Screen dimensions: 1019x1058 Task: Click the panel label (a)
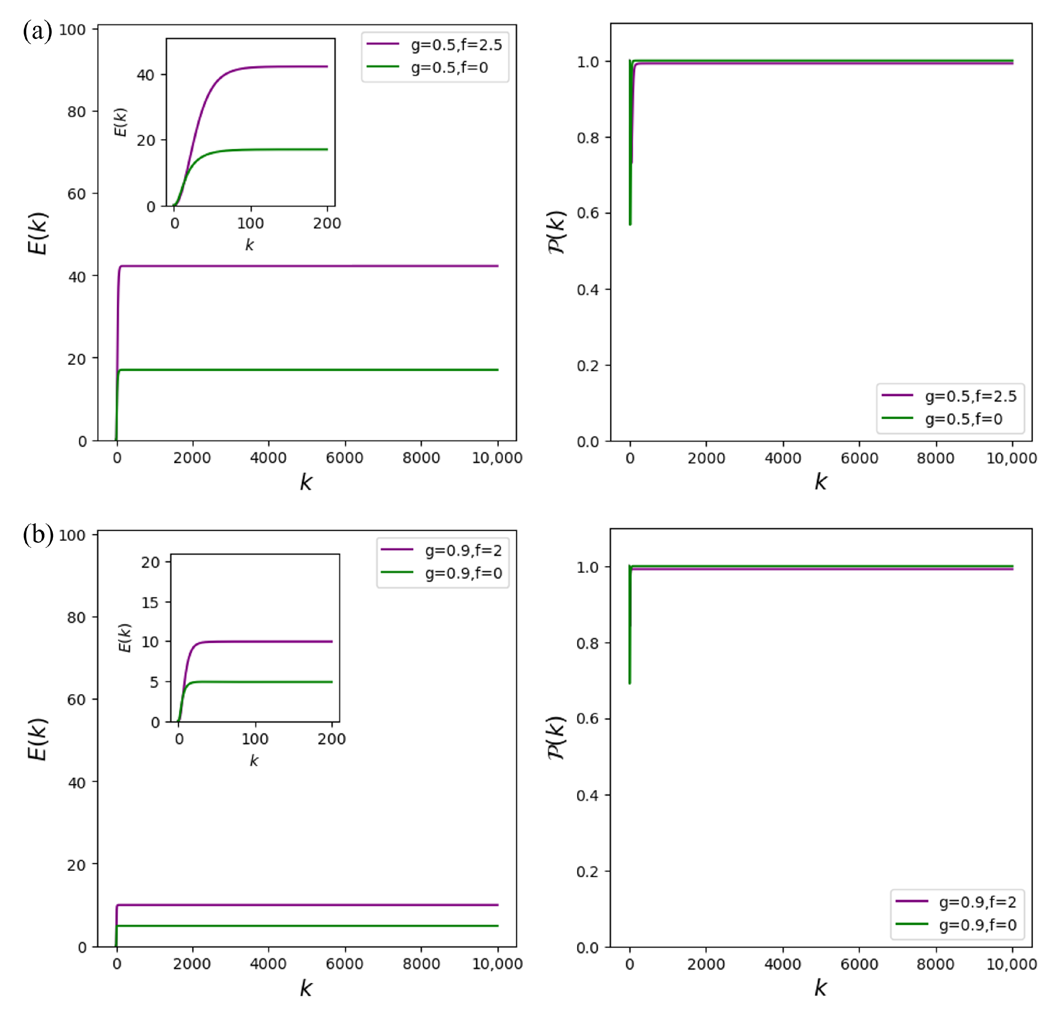tap(37, 31)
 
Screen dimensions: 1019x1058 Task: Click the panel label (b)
tap(38, 534)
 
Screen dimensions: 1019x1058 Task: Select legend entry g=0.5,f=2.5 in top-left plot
tap(456, 45)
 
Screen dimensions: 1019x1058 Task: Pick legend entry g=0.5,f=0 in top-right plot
tap(963, 419)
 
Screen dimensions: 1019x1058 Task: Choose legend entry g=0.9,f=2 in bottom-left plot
tap(463, 551)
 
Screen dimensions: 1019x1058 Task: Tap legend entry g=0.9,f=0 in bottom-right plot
tap(977, 925)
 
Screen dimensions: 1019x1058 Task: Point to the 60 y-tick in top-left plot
tap(77, 194)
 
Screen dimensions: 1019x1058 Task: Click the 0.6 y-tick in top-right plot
tap(588, 213)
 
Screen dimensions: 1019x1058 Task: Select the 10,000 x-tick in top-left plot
tap(497, 458)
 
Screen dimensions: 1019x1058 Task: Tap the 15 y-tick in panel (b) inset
tap(150, 602)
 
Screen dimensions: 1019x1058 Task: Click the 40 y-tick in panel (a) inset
tap(146, 75)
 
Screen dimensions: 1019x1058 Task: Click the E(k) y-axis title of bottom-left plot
tap(38, 740)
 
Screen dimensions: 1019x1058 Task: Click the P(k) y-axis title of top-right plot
tap(556, 232)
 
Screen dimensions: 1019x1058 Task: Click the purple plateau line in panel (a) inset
tap(286, 67)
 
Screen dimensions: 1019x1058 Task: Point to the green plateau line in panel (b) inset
tap(270, 682)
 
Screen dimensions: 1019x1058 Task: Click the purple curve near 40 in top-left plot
tap(308, 266)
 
